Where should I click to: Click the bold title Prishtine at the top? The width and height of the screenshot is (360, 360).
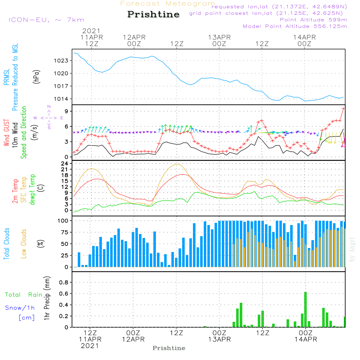[153, 15]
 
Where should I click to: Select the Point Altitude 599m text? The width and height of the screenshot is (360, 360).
[313, 20]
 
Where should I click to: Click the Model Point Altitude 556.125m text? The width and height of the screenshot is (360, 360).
[295, 26]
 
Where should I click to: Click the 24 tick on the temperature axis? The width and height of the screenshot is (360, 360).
[65, 163]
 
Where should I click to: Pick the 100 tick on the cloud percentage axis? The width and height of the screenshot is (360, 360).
[63, 220]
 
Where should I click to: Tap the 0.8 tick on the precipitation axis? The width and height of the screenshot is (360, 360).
[63, 283]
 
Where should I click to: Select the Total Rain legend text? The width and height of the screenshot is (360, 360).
[24, 295]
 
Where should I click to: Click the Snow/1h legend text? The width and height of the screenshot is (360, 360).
[20, 308]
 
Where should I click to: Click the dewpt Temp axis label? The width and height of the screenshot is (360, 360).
[32, 189]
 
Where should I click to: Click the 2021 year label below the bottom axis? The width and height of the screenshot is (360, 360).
[90, 346]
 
